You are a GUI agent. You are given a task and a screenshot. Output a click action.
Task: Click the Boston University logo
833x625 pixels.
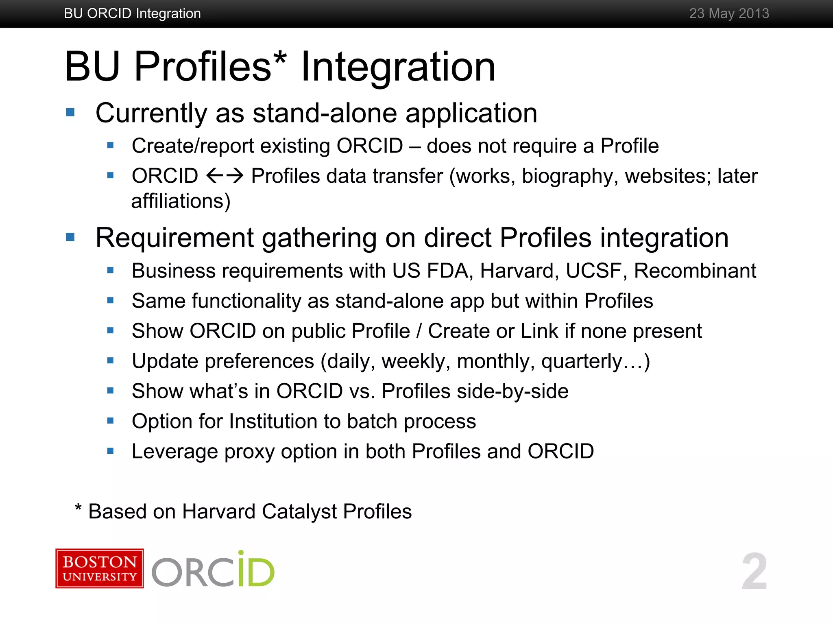click(x=100, y=568)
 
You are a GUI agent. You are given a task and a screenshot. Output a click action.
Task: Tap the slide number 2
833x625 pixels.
click(x=754, y=571)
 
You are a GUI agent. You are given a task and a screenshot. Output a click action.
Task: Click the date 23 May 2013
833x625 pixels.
click(x=729, y=13)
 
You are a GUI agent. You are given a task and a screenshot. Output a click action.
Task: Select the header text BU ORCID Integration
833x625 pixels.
click(x=132, y=13)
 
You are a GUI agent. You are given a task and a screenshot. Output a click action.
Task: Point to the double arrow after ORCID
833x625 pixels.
click(x=225, y=176)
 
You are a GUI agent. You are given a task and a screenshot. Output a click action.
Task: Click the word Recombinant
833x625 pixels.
click(x=695, y=271)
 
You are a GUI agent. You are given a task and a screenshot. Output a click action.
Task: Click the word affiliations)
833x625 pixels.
click(x=181, y=201)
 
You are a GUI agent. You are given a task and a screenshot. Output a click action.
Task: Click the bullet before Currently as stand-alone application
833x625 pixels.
click(x=70, y=112)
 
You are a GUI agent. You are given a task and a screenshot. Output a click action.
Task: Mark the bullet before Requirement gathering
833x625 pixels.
click(x=70, y=237)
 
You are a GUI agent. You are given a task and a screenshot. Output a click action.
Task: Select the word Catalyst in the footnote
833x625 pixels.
click(x=299, y=512)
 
